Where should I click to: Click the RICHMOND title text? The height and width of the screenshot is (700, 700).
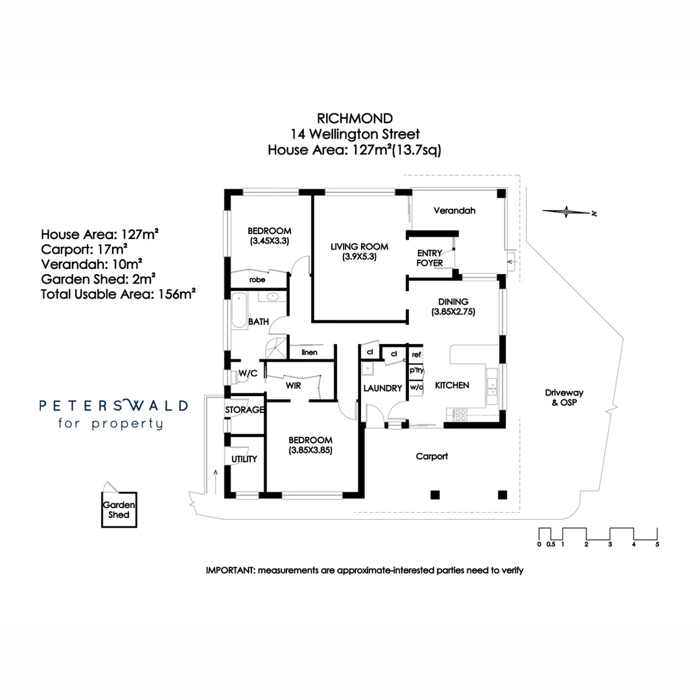point(355,118)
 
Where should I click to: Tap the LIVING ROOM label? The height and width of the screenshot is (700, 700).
point(359,246)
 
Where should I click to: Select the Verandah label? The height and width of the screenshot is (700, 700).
point(454,211)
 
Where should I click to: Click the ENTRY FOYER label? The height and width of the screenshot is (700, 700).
point(430,258)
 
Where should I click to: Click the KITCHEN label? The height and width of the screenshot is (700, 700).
point(452,386)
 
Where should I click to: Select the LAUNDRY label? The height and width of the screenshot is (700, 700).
point(382,388)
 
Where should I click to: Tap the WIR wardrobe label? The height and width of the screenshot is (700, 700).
point(293,385)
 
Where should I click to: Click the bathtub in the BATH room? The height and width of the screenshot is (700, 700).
point(239,312)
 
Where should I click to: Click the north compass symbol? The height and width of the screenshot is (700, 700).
point(567,211)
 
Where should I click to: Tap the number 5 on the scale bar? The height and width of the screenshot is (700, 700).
point(657,544)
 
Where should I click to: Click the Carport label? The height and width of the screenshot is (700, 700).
point(432,456)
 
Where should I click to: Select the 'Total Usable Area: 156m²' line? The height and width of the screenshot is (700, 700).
point(118,294)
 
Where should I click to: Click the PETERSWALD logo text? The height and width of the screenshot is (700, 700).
point(114,406)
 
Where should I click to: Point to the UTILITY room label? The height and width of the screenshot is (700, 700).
point(244,459)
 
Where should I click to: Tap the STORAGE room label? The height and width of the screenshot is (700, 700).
point(244,410)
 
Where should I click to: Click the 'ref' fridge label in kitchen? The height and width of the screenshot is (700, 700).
point(416,355)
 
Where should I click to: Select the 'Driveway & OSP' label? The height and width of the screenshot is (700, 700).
point(564,397)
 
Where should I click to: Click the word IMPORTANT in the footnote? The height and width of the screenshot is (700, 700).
point(230,570)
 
